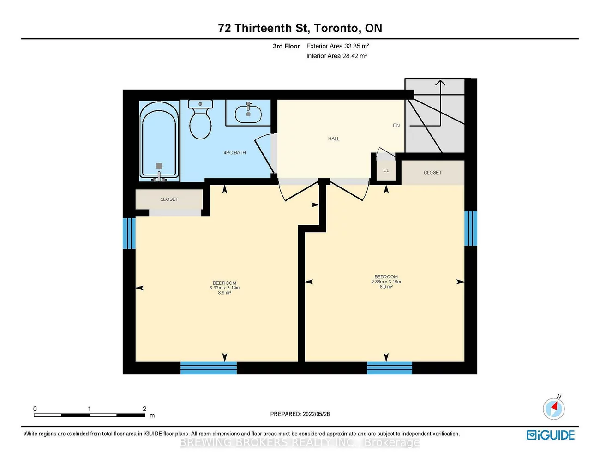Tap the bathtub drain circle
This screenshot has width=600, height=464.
(159, 166)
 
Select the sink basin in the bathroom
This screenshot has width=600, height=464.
(248, 114)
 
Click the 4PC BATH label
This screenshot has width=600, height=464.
(234, 152)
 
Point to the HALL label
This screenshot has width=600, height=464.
(334, 139)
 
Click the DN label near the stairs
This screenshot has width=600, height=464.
(396, 126)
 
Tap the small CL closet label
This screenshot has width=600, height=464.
(386, 170)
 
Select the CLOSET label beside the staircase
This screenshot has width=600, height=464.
(432, 173)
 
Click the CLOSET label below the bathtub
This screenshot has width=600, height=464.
(169, 199)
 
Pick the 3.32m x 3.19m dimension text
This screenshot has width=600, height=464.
(224, 288)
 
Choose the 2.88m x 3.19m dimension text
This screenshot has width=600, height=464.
(386, 282)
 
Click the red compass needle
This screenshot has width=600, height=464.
(554, 406)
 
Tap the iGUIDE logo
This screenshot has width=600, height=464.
(551, 435)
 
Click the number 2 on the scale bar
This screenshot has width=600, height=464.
(144, 409)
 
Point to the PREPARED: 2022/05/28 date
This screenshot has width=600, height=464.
(300, 414)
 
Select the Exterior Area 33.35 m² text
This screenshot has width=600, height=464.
(338, 46)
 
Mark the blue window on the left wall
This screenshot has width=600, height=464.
(129, 233)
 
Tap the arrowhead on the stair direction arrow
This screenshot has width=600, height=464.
(440, 82)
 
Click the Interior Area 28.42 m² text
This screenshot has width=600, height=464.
(336, 56)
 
